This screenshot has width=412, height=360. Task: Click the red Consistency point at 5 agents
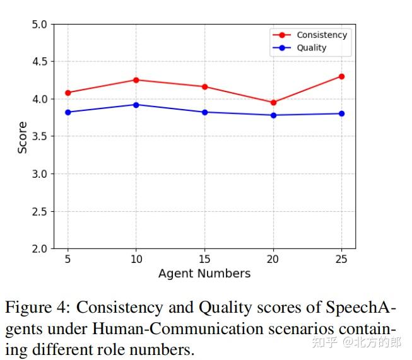pyautogui.click(x=68, y=93)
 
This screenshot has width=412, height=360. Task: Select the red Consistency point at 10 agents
pyautogui.click(x=136, y=80)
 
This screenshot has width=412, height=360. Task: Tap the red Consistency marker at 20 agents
pyautogui.click(x=273, y=102)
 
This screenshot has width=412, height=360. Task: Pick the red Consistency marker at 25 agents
pyautogui.click(x=341, y=76)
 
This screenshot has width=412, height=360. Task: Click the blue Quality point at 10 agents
pyautogui.click(x=136, y=105)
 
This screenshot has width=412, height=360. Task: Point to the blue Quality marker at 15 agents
pyautogui.click(x=204, y=112)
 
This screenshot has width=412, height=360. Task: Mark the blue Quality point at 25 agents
pyautogui.click(x=341, y=113)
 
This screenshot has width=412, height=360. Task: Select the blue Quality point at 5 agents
pyautogui.click(x=68, y=112)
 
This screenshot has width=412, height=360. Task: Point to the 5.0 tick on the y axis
pyautogui.click(x=39, y=25)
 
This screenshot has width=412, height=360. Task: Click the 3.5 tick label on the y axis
pyautogui.click(x=39, y=137)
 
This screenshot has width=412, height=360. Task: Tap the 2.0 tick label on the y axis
pyautogui.click(x=39, y=249)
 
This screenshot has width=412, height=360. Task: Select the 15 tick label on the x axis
pyautogui.click(x=204, y=259)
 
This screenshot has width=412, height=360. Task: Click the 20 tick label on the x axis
pyautogui.click(x=273, y=259)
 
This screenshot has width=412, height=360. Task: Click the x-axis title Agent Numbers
pyautogui.click(x=204, y=274)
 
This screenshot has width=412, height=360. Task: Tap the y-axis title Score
pyautogui.click(x=23, y=137)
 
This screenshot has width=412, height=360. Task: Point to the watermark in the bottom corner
pyautogui.click(x=356, y=343)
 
